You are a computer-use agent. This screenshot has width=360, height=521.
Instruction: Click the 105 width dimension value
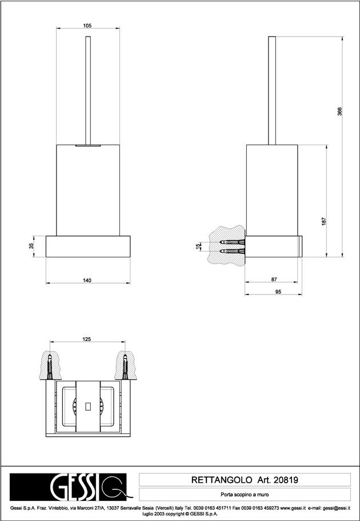tap(87, 25)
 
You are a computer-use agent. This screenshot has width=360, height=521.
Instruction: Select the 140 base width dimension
tap(87, 280)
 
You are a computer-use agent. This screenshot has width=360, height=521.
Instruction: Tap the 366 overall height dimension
tap(339, 112)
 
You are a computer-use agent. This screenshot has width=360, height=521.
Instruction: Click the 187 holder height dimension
tap(324, 221)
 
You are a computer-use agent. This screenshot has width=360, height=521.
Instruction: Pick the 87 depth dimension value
tap(274, 280)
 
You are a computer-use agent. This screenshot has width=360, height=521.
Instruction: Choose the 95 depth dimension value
tap(278, 292)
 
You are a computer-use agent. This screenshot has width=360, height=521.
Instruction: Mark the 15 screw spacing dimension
tap(198, 246)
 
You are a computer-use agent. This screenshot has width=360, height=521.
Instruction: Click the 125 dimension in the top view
tap(87, 339)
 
